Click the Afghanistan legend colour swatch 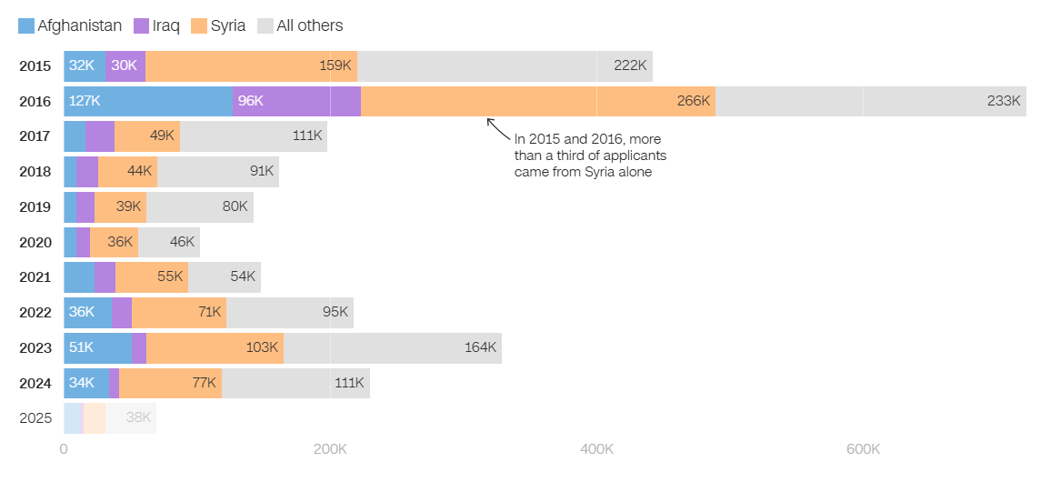point(26,26)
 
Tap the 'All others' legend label point(309,26)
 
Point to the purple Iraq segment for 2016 point(296,101)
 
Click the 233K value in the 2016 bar point(1004,101)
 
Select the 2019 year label point(35,207)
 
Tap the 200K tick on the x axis point(329,449)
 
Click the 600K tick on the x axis point(863,449)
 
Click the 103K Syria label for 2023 point(262,347)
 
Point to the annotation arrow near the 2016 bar point(497,128)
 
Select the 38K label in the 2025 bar point(138,418)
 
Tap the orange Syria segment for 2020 point(114,243)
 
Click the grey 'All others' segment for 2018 point(218,172)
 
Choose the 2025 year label point(35,418)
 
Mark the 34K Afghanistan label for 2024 point(82,383)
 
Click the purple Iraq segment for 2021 point(105,277)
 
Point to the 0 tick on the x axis point(64,449)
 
